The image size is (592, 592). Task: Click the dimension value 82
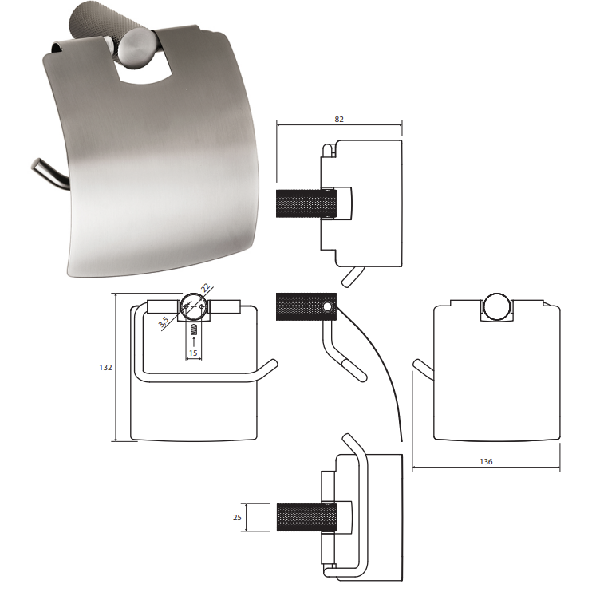click(x=339, y=120)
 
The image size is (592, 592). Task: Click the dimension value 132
click(x=105, y=367)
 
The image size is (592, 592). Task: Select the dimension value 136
click(x=486, y=461)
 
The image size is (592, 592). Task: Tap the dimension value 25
click(x=237, y=517)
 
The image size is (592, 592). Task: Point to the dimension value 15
click(x=193, y=353)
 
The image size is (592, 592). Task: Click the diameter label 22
click(x=205, y=289)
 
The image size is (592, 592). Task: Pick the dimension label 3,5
click(x=164, y=322)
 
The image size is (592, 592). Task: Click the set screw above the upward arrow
click(x=194, y=330)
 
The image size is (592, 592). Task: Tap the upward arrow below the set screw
click(x=194, y=342)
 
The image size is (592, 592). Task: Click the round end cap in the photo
click(x=136, y=49)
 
